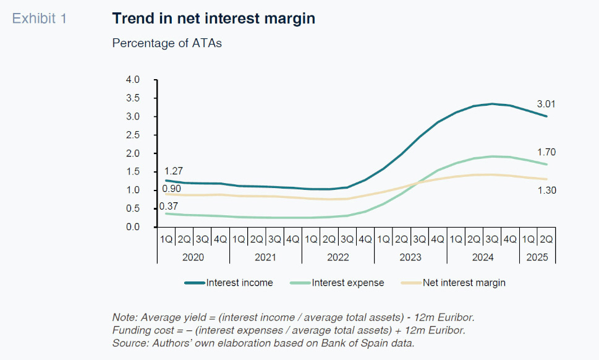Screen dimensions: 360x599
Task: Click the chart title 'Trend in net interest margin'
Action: tap(213, 19)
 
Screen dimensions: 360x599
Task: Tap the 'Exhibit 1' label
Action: tap(40, 19)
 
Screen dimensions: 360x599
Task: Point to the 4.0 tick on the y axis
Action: tap(133, 80)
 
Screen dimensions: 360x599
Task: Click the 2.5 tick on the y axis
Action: tap(133, 135)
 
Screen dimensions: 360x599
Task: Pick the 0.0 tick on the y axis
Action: tap(133, 227)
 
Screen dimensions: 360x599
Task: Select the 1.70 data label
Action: tap(546, 152)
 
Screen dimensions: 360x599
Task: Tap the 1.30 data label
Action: tap(546, 191)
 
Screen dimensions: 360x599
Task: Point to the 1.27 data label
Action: tap(174, 171)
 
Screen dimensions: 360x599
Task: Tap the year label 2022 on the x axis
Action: tap(338, 257)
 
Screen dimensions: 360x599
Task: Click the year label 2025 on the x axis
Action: tap(537, 257)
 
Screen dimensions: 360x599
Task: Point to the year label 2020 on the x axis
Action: tap(193, 257)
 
